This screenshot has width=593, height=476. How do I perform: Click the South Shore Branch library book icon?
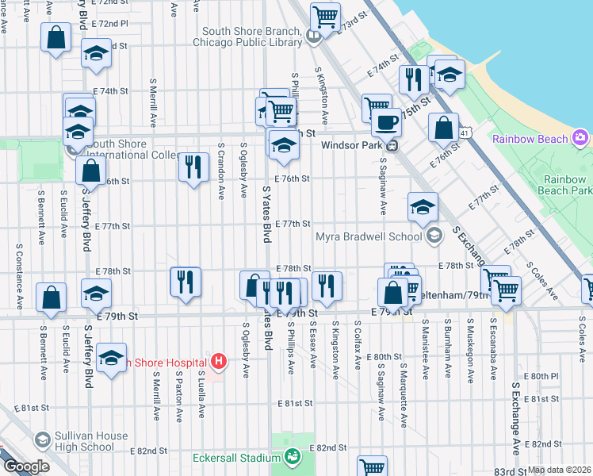314,35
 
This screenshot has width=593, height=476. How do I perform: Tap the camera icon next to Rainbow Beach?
581,139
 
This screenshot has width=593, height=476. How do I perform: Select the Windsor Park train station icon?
391,145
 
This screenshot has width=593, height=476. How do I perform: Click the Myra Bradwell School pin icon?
434,236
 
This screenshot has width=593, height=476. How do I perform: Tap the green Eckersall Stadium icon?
293,457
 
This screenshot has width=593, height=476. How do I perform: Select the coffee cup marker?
386,122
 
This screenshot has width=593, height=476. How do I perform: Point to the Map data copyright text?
560,470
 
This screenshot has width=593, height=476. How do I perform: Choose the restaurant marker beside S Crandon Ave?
193,167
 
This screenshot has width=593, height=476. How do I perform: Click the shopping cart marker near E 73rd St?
325,15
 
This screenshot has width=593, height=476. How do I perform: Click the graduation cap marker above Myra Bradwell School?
423,206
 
